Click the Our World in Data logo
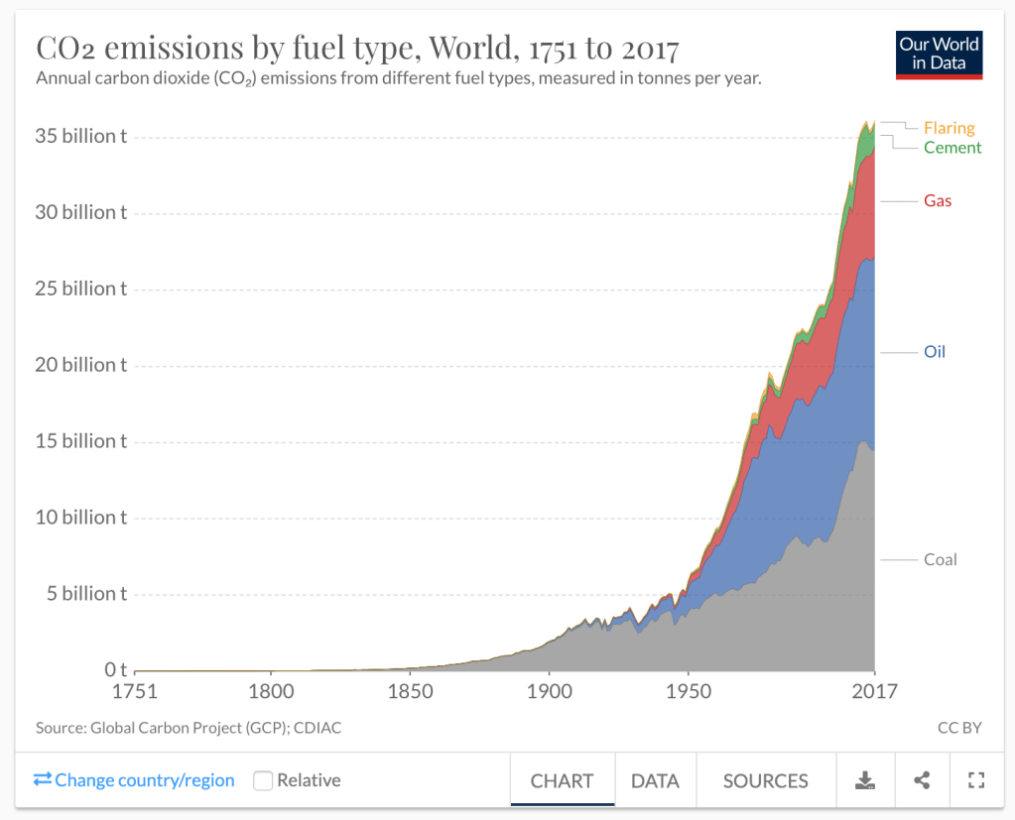(x=939, y=55)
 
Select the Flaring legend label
(x=949, y=128)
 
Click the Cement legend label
(x=952, y=148)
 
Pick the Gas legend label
(x=938, y=201)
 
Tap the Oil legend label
(x=935, y=352)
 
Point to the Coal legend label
(x=940, y=559)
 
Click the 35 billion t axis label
(x=81, y=137)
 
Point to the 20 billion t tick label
(x=81, y=365)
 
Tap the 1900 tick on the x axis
(x=549, y=691)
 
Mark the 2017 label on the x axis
(x=873, y=691)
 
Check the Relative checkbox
(x=263, y=780)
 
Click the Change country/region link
(x=135, y=780)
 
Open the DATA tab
(x=655, y=781)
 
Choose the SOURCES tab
(x=765, y=781)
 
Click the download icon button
(x=865, y=781)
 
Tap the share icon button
(x=922, y=781)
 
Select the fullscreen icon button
(x=975, y=781)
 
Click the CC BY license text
(x=958, y=728)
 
